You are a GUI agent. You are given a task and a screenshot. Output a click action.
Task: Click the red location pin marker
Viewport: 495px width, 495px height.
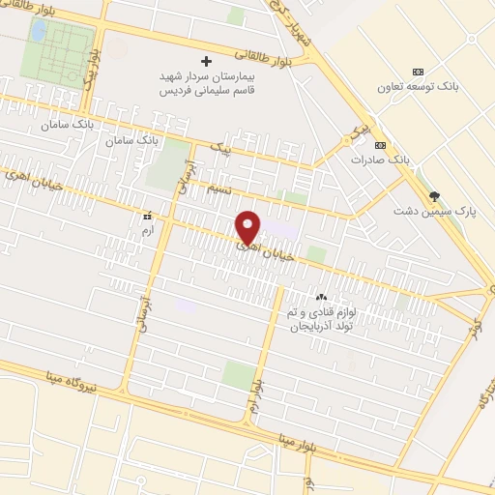(248, 227)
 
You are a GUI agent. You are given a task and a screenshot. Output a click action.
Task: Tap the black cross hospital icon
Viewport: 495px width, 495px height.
(204, 61)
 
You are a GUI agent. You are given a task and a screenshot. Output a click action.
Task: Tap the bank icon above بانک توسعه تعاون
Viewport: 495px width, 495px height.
(418, 71)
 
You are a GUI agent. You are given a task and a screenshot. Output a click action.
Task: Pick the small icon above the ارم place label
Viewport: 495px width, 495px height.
(147, 216)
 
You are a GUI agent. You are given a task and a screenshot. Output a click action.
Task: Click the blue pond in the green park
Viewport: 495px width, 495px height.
(38, 31)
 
